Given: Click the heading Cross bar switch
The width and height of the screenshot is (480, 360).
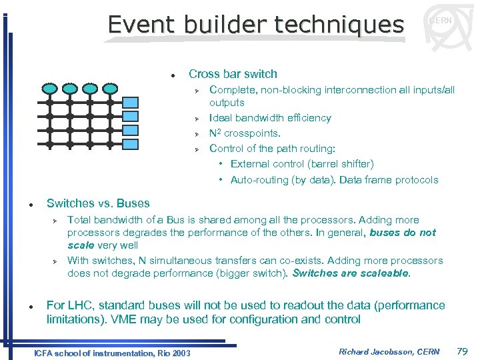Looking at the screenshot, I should pos(233,74).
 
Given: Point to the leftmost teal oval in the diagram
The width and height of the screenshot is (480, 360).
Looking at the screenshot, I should pos(49,88).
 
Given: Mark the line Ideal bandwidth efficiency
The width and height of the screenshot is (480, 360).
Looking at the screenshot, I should pos(270,118).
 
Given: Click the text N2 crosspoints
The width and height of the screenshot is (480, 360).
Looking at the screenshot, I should pos(240,133).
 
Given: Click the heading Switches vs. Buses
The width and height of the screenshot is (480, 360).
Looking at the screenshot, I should pos(98,203).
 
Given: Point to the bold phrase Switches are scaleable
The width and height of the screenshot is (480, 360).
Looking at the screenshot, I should pos(351,273).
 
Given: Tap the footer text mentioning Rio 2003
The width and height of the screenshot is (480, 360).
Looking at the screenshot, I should pos(112,353).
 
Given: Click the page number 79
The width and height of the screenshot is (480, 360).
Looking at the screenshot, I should pos(463,351).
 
